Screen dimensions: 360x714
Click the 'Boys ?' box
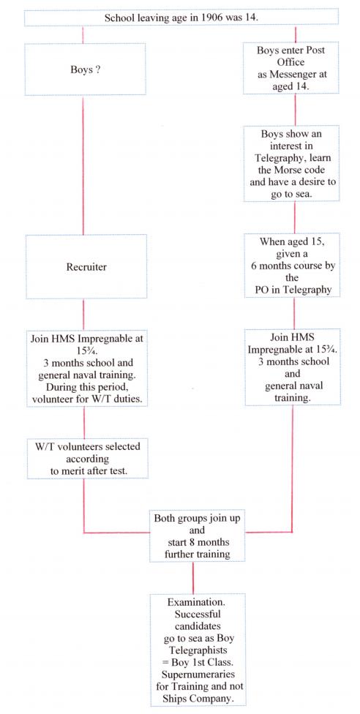[x=85, y=69]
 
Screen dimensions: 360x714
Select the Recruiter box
[x=86, y=267]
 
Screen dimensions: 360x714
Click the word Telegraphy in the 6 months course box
[x=307, y=290]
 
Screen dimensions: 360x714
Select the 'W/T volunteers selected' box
[x=88, y=459]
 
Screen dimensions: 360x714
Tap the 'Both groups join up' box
[x=198, y=535]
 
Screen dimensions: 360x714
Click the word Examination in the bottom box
[x=197, y=603]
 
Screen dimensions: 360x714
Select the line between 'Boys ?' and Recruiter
[x=83, y=165]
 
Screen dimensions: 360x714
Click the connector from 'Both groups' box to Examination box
[x=192, y=577]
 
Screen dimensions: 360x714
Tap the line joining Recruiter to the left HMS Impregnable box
[x=83, y=315]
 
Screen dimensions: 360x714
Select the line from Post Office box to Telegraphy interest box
[x=295, y=110]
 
